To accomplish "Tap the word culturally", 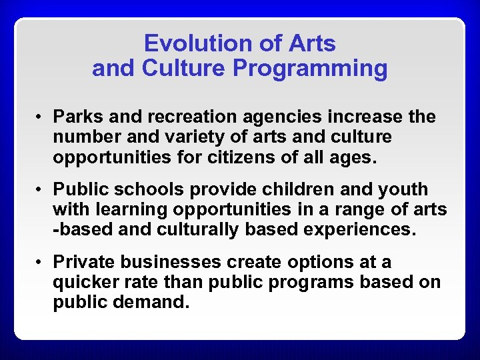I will (199, 230).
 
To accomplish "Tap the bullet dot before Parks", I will (40, 118).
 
